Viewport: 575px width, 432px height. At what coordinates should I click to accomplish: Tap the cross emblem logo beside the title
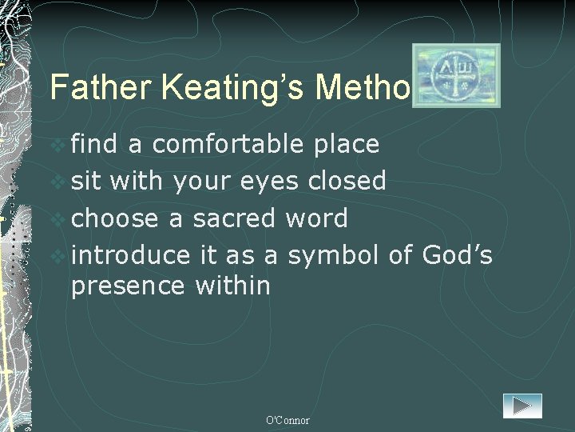point(456,75)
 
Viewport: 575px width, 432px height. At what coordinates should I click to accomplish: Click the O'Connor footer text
point(287,420)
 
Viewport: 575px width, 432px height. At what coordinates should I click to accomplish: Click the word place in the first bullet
point(346,144)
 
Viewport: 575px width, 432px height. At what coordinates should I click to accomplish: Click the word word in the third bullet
point(319,218)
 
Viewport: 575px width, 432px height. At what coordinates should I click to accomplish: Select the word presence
point(127,286)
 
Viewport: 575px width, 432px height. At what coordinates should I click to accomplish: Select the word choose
point(116,218)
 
